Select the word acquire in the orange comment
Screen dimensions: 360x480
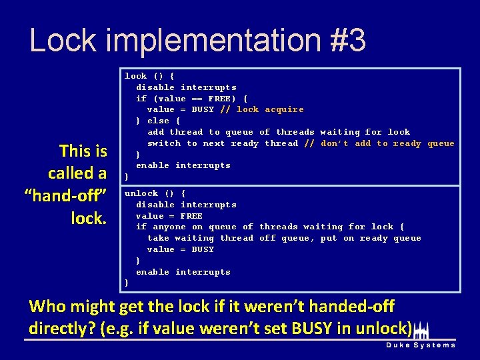[x=284, y=109]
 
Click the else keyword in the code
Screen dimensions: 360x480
[x=158, y=121]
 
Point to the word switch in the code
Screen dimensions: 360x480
[x=164, y=143]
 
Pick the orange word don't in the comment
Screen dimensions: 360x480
[x=335, y=143]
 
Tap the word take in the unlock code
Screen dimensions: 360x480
[x=158, y=238]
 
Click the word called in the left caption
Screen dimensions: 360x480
[x=77, y=173]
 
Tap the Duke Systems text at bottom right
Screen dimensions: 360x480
[x=421, y=345]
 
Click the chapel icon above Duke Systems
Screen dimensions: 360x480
[x=421, y=331]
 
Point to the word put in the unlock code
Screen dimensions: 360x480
[x=329, y=238]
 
